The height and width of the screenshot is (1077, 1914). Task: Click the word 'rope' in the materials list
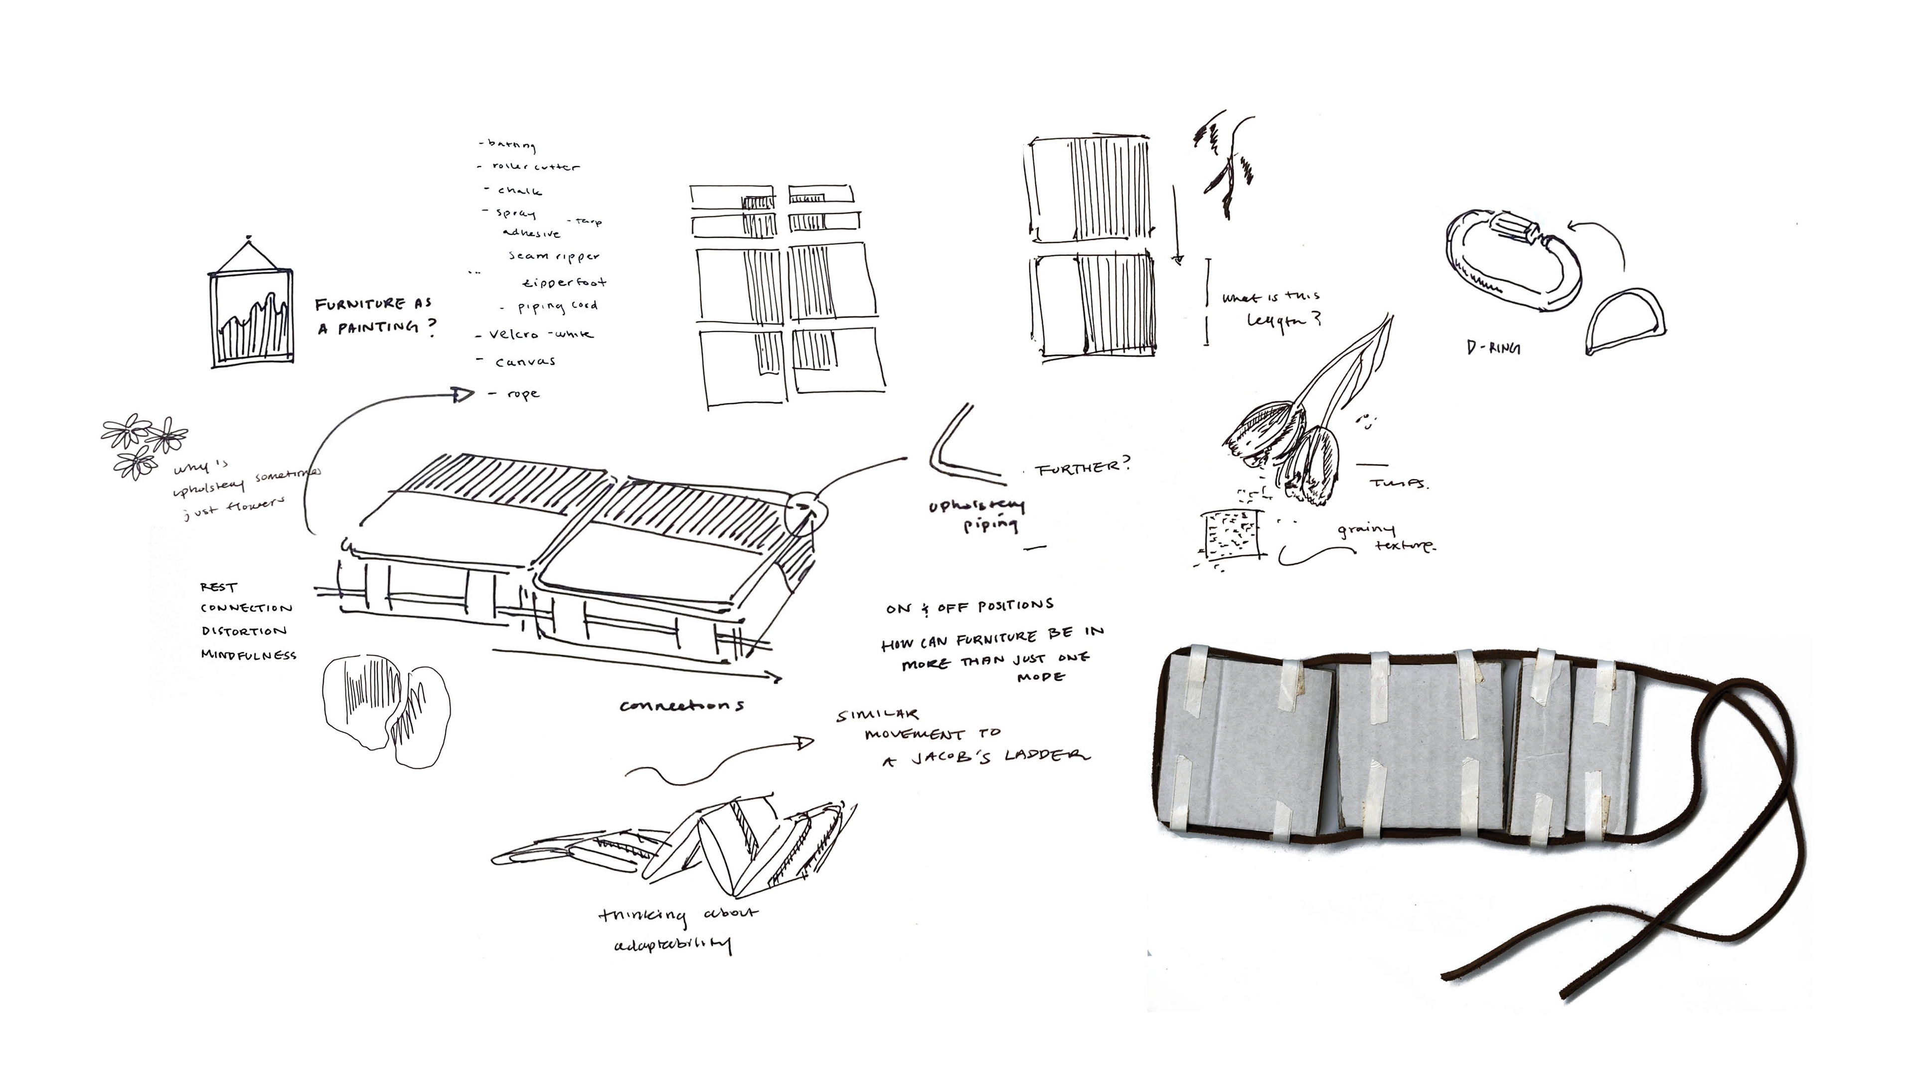coord(522,394)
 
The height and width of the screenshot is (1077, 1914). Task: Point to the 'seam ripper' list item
coord(554,256)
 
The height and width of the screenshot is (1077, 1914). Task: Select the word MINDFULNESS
coord(249,655)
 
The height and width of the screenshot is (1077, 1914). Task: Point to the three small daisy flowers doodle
coord(142,444)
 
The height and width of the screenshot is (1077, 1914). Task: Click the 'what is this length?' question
coord(1272,309)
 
